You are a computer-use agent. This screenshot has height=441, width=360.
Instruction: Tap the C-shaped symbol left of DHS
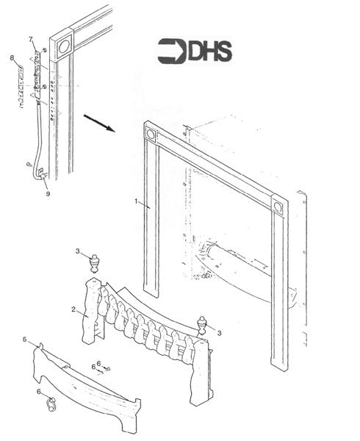pyautogui.click(x=173, y=51)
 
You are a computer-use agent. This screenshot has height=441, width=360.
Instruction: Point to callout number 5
pyautogui.click(x=24, y=340)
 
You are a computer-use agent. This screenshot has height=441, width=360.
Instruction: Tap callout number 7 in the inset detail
pyautogui.click(x=30, y=38)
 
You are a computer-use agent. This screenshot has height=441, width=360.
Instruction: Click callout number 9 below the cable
pyautogui.click(x=48, y=195)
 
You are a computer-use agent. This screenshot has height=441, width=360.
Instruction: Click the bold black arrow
pyautogui.click(x=98, y=122)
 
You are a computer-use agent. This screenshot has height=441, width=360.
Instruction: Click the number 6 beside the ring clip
pyautogui.click(x=39, y=392)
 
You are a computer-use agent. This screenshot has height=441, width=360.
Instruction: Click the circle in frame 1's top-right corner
pyautogui.click(x=278, y=207)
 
